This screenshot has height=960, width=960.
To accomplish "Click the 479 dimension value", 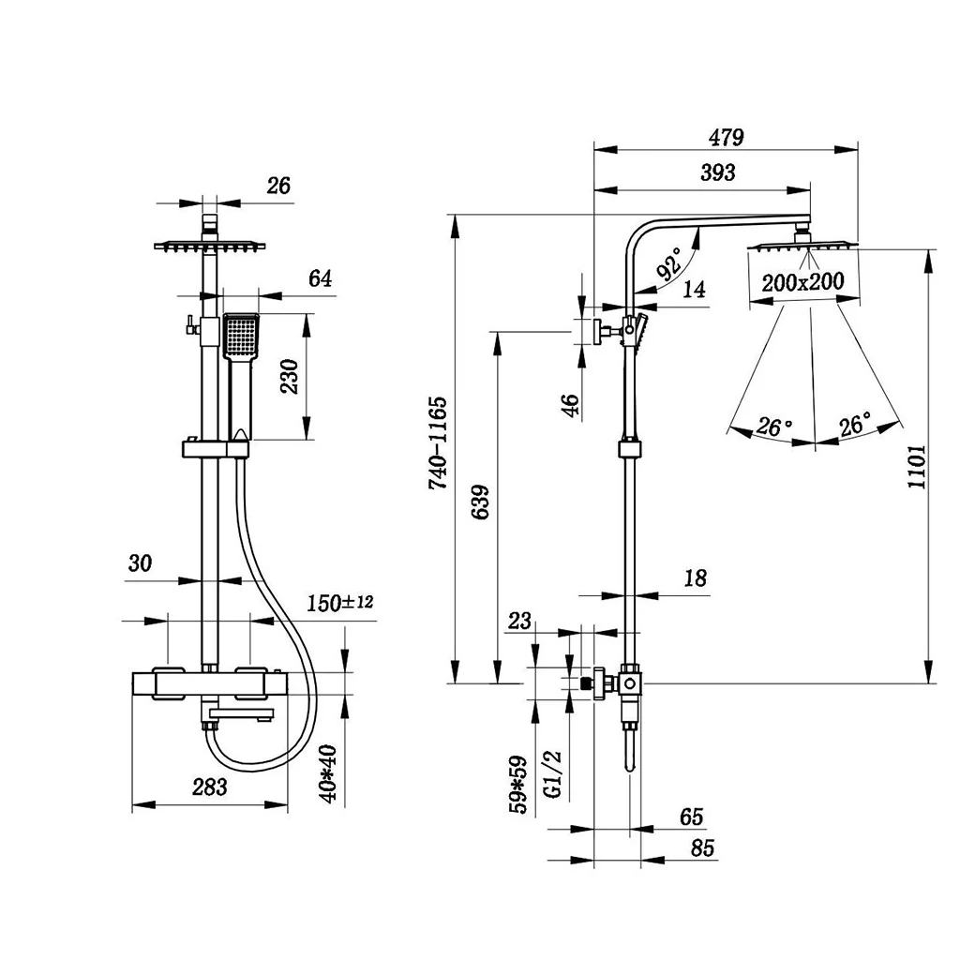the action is tap(727, 138).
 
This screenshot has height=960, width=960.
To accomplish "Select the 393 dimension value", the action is tap(717, 172).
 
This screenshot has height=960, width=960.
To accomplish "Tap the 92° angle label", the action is tap(669, 263).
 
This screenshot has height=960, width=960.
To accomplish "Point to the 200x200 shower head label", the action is tap(802, 282).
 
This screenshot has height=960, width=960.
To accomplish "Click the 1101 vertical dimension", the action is tap(917, 467).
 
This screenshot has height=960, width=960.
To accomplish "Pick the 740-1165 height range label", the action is tap(438, 443).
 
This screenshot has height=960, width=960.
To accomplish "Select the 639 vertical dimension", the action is tap(481, 502).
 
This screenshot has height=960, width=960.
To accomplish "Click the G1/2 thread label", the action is tap(553, 774).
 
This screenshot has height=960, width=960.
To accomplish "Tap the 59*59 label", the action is tap(517, 785).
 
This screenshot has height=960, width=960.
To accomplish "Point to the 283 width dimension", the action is tap(209, 787).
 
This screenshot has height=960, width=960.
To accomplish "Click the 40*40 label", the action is tap(328, 773).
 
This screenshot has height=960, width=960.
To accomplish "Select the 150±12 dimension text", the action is tap(339, 603).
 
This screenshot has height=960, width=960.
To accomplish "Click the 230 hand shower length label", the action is tap(289, 377).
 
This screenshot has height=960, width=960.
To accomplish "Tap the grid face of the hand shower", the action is tap(241, 335).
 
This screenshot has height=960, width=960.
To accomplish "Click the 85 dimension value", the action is tap(702, 847).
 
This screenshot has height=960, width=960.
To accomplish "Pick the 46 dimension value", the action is tap(570, 405).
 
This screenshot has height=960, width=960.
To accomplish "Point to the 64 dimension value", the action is tap(320, 278).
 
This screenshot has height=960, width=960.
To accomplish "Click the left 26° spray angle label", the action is tap(773, 426).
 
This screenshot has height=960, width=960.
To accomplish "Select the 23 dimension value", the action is tap(519, 621).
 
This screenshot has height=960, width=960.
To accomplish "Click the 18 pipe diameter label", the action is tap(695, 577).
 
